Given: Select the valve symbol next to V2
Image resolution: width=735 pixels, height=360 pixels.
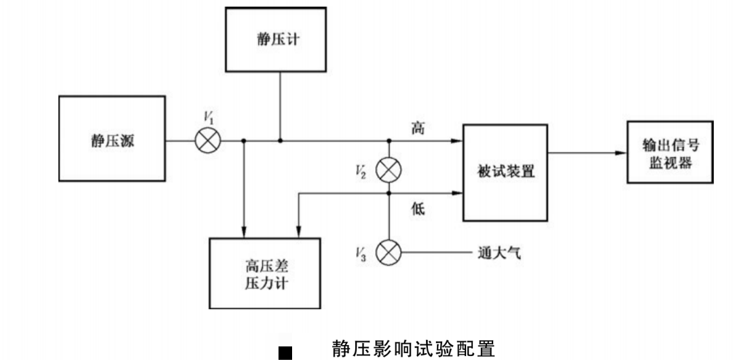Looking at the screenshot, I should click(x=389, y=170).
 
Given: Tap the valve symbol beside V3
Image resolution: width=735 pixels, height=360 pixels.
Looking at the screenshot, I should click(x=389, y=254).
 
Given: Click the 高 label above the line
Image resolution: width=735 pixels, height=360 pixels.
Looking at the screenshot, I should click(x=418, y=127).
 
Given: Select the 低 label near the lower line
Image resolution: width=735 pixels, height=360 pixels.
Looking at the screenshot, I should click(x=418, y=210).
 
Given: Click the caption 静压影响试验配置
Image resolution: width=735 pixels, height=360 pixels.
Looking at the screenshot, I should click(x=413, y=349).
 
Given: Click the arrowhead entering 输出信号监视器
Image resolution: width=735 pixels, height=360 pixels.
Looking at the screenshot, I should click(x=620, y=153).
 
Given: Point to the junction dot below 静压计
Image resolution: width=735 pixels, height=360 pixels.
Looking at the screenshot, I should click(x=281, y=141).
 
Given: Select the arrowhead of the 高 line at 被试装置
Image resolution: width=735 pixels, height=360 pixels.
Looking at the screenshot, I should click(x=457, y=141).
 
